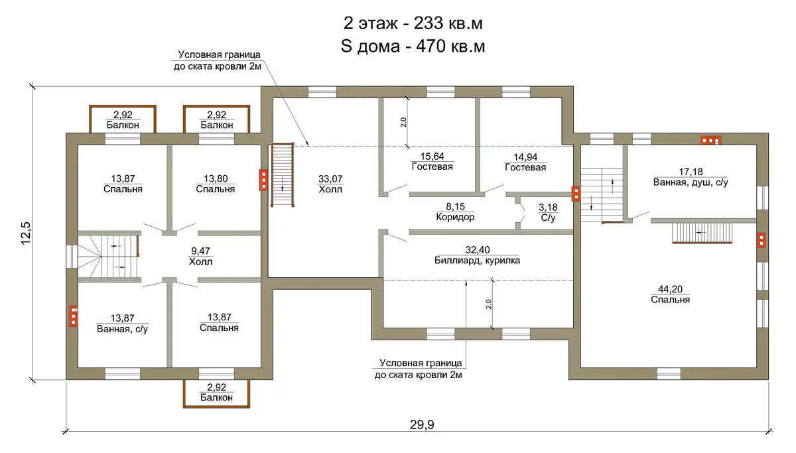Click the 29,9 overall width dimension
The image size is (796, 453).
[422, 424]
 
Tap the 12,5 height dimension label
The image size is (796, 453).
[27, 233]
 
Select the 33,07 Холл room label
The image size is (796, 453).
[330, 184]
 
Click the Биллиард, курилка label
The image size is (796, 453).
[477, 261]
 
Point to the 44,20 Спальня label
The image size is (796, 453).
[670, 294]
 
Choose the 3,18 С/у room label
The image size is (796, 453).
[548, 212]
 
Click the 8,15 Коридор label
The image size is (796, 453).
[455, 212]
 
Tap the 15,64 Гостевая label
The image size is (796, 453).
[432, 161]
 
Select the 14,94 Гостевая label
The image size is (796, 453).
[525, 162]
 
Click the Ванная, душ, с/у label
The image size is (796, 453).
[691, 182]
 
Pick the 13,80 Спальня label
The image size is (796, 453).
[216, 184]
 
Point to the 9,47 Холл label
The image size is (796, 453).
[200, 257]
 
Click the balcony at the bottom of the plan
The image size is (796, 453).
[216, 394]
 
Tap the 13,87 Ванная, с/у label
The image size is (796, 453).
[122, 324]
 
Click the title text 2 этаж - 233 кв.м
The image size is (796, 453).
[413, 24]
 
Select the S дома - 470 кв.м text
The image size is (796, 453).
[413, 46]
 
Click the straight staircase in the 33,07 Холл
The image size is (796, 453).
[283, 175]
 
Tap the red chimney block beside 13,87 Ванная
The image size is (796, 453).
[74, 316]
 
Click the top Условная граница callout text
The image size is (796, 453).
[218, 60]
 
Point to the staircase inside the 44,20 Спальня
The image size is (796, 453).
[702, 233]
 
